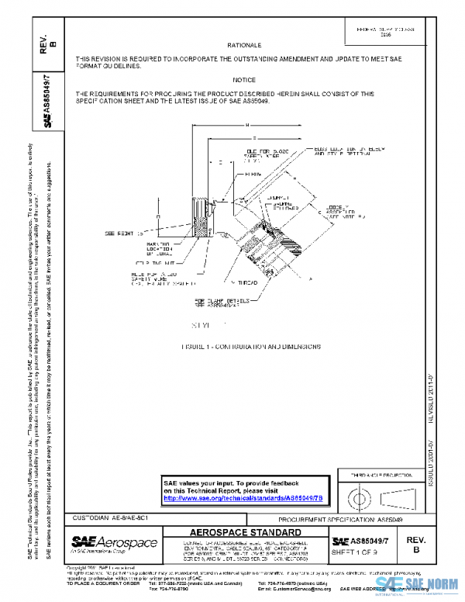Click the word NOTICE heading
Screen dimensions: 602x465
pos(244,80)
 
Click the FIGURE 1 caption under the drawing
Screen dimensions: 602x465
pos(250,347)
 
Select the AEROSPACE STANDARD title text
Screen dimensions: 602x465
pos(244,533)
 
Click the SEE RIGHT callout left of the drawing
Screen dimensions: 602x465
pos(124,233)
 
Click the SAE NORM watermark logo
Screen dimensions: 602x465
pos(419,586)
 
